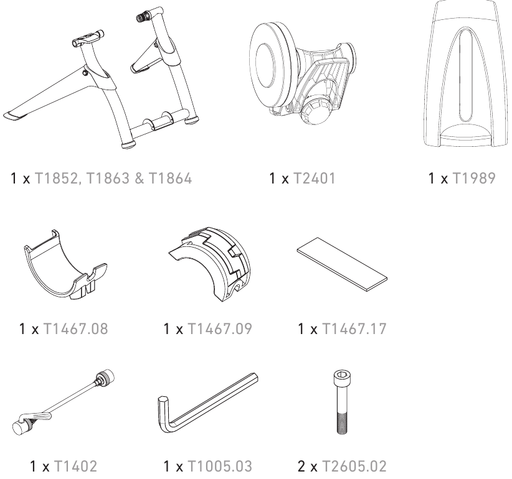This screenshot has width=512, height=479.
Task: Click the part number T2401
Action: click(x=314, y=179)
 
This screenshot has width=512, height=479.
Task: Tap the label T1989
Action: click(x=474, y=179)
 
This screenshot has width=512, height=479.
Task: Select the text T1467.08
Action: click(x=75, y=328)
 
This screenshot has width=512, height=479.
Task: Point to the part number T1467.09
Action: click(x=220, y=328)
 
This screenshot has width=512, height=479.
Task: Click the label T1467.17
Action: click(x=354, y=328)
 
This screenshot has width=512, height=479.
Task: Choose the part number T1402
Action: click(x=75, y=467)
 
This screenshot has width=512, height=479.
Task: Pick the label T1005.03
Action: click(x=220, y=467)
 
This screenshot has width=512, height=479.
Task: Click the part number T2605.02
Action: click(x=354, y=467)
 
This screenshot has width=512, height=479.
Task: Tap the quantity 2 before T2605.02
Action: click(x=301, y=467)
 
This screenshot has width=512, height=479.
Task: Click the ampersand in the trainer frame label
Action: click(x=139, y=179)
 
